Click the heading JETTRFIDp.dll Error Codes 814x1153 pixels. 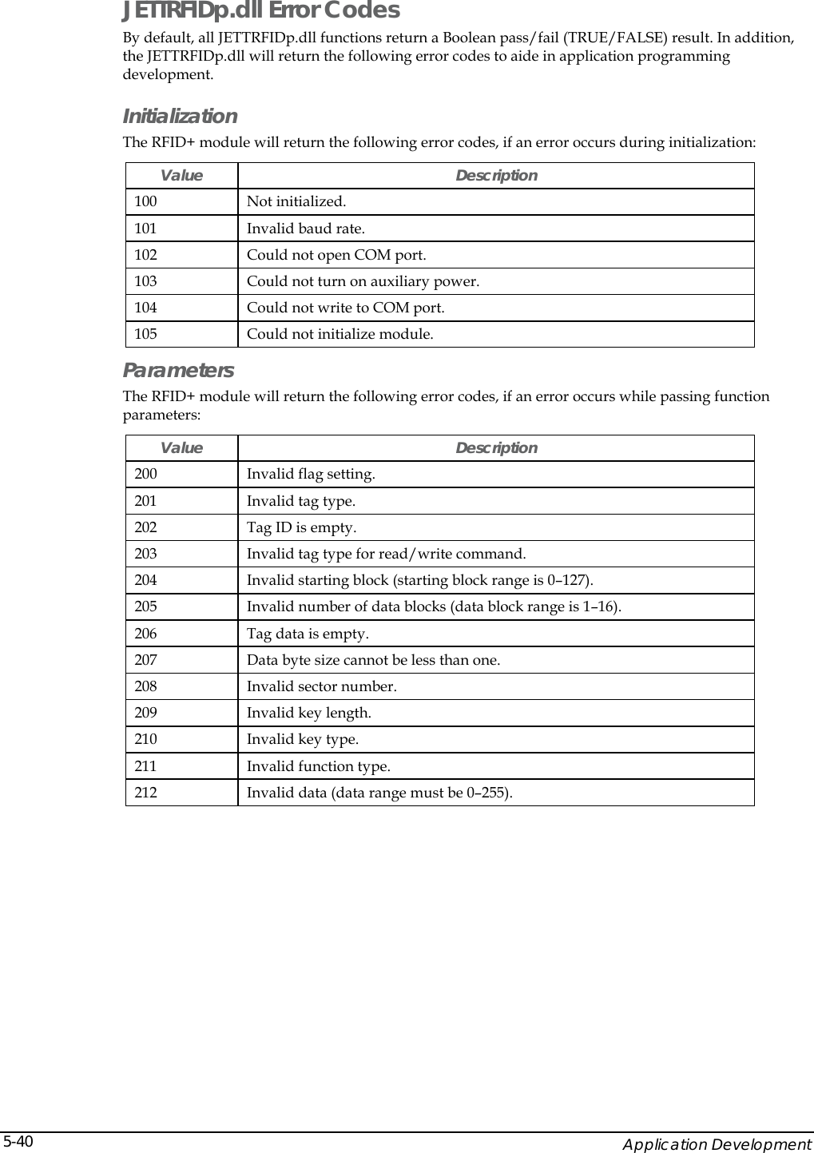tap(260, 11)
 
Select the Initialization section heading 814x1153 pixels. tap(180, 117)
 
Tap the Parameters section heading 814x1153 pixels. tap(178, 371)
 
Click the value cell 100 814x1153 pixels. tap(146, 201)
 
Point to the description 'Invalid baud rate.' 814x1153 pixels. tap(305, 229)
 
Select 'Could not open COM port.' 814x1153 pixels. tap(336, 255)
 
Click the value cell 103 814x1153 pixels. tap(146, 281)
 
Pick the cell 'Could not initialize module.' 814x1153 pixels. tap(339, 334)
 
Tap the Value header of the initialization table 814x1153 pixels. tap(181, 175)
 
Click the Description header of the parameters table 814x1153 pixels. tap(496, 448)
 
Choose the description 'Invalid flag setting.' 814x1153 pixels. tap(311, 475)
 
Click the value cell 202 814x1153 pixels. tap(146, 527)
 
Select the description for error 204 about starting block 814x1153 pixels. tap(419, 580)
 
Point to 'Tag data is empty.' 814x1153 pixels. tap(308, 634)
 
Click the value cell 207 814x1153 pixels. tap(146, 660)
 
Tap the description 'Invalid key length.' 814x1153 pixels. tap(308, 713)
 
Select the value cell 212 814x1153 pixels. tap(146, 793)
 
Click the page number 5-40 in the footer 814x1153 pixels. tap(17, 1141)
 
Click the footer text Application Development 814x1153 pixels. tap(717, 1144)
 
